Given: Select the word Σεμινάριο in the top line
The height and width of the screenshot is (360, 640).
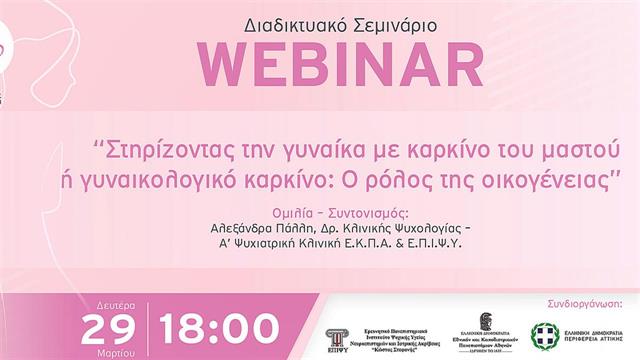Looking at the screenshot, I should [x=384, y=21].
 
